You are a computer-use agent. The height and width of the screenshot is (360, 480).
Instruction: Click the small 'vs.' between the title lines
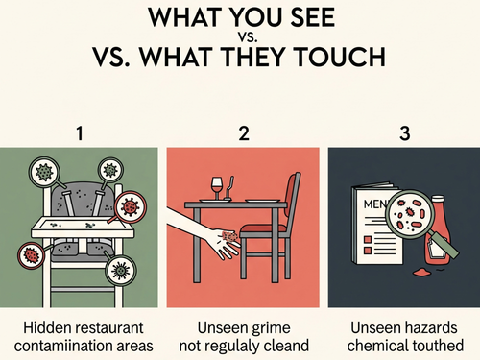(x=248, y=37)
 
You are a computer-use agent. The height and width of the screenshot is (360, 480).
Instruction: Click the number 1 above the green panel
(x=80, y=133)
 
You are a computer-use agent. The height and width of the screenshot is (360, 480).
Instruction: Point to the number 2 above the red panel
(x=244, y=133)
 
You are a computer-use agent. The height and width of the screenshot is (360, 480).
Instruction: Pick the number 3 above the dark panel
(x=405, y=133)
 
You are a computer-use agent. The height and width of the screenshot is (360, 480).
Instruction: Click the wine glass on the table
(x=216, y=187)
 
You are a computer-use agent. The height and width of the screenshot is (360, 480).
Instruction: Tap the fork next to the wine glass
(x=229, y=188)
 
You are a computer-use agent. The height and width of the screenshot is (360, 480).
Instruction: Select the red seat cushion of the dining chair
(x=263, y=228)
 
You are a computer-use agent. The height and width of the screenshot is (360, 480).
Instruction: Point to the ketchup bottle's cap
(x=438, y=200)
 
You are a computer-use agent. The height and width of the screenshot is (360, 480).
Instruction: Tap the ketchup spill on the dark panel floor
(x=422, y=273)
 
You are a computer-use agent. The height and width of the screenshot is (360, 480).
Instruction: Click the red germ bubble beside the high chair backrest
(x=131, y=206)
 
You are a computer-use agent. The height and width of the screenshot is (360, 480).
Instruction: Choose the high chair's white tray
(x=83, y=228)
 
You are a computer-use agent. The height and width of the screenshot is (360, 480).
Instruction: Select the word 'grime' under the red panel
(x=271, y=328)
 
